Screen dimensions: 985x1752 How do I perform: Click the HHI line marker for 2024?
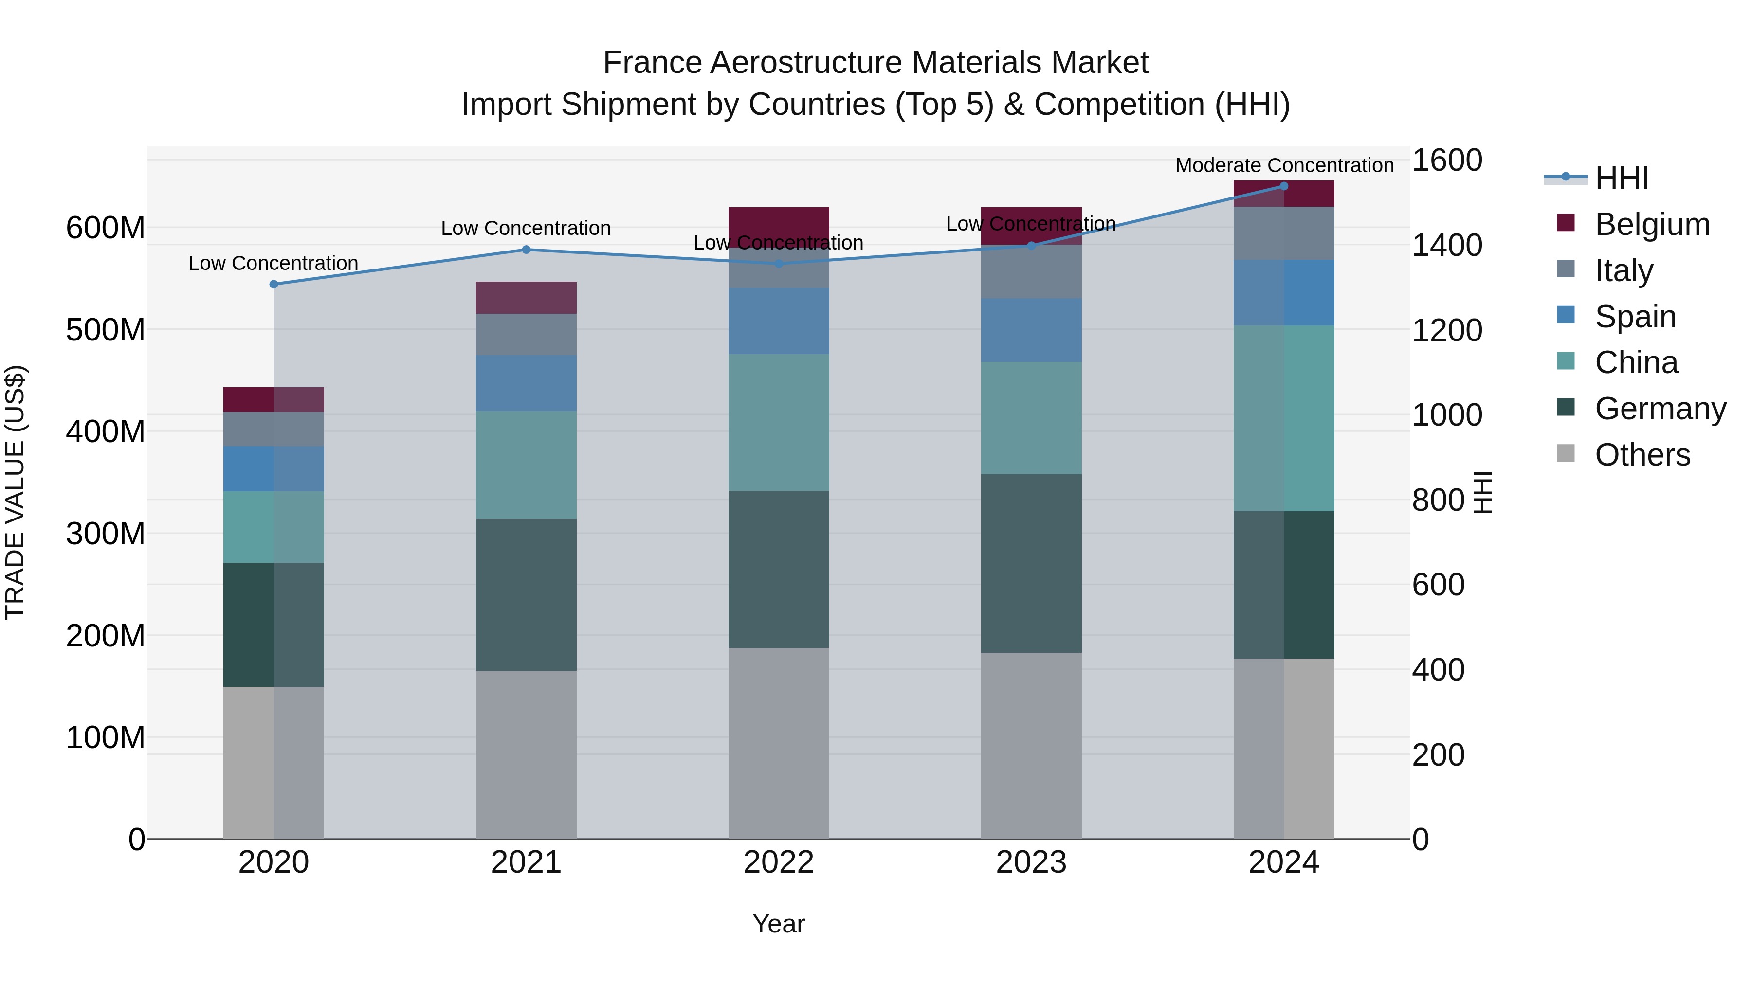pos(1283,186)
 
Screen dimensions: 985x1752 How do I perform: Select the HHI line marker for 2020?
pos(274,284)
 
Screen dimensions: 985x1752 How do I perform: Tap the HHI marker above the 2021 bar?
pos(526,250)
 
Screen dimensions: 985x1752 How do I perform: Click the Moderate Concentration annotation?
pos(1284,165)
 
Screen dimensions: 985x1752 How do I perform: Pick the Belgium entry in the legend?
pos(1651,224)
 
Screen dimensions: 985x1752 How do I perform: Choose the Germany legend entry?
pos(1660,409)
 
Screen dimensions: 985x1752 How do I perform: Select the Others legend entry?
pos(1642,455)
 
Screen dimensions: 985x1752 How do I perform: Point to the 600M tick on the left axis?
pos(106,228)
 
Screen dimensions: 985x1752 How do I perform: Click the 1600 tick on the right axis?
pos(1447,161)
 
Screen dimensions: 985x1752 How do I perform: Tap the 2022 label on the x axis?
pos(778,862)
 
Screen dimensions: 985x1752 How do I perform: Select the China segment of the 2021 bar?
pos(526,465)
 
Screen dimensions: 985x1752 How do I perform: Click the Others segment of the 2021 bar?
pos(526,754)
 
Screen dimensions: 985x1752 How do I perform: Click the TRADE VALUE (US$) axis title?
pos(15,492)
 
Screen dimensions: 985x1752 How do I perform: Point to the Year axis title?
pos(778,924)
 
